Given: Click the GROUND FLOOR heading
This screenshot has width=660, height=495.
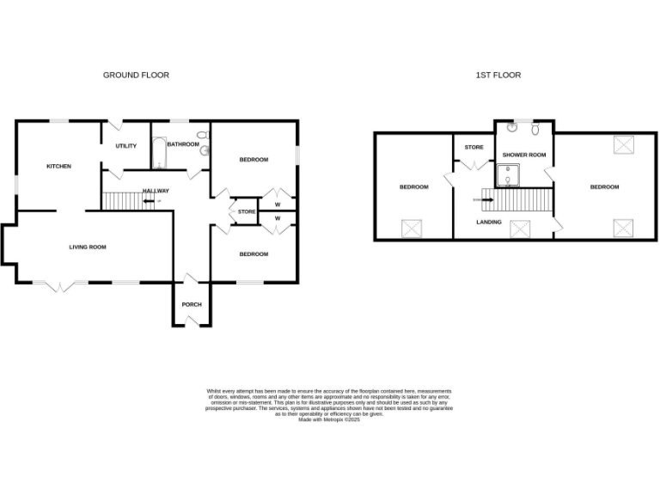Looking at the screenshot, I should coord(136,76).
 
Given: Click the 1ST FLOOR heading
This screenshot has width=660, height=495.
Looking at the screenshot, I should coord(498,76).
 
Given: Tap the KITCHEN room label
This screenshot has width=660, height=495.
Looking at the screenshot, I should coord(58,166).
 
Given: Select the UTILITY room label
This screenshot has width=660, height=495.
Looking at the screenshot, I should coord(126,146).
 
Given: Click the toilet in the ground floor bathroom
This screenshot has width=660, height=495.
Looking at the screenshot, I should coord(202,135).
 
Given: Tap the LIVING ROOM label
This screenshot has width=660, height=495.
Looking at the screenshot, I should coord(88,247).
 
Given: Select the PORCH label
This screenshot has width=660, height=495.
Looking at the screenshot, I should coord(192,304).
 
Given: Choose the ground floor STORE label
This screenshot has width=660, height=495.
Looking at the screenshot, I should coord(247,211).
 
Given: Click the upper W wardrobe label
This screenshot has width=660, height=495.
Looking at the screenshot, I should coord(278,205).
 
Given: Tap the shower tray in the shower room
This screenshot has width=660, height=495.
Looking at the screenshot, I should coord(512,175).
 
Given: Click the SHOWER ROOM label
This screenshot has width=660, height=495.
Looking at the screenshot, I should coord(524,155).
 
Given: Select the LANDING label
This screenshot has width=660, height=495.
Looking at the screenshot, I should coord(489,221).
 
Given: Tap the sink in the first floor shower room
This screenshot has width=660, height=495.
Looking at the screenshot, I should coord(513,129).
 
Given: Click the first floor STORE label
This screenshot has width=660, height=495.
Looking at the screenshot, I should coord(474,147).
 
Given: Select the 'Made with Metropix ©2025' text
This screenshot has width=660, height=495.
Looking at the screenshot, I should coord(329,419).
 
